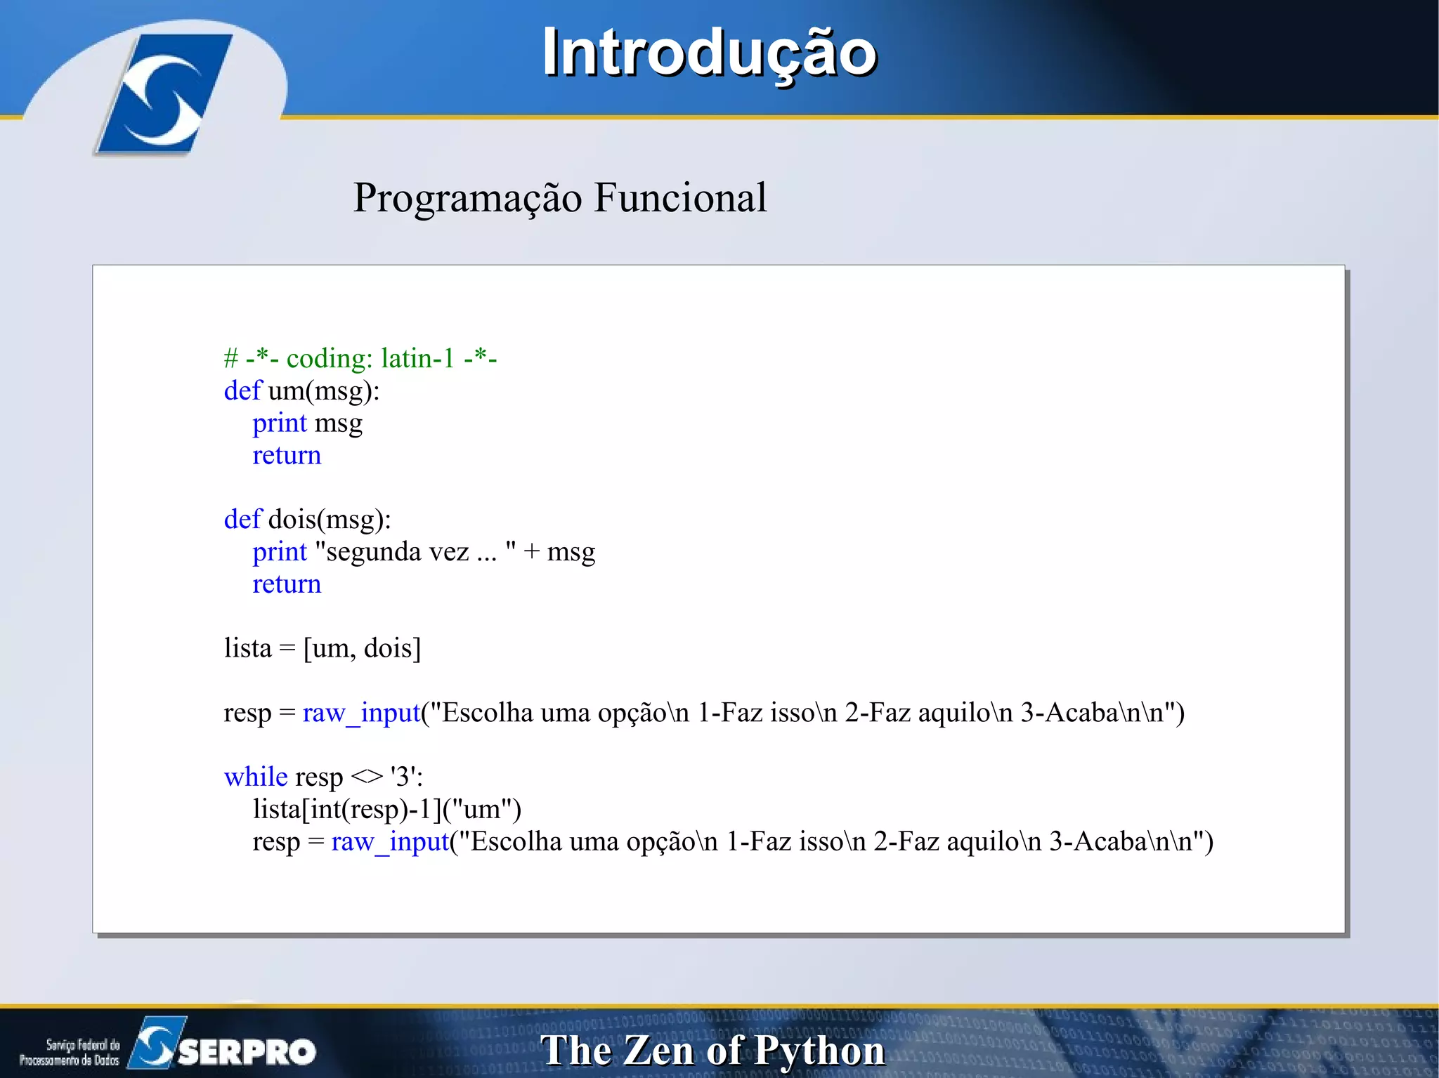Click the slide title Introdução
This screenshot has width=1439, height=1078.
[x=709, y=53]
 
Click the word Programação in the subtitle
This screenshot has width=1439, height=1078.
[x=467, y=199]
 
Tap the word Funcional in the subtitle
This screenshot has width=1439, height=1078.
[x=679, y=197]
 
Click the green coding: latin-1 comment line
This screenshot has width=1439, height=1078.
[x=360, y=358]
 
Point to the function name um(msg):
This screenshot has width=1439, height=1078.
[x=323, y=391]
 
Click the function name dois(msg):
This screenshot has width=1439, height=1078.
[x=329, y=520]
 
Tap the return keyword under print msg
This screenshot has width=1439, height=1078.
[x=287, y=456]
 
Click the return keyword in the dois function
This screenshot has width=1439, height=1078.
[x=287, y=584]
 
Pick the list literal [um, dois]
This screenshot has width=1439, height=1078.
[x=362, y=648]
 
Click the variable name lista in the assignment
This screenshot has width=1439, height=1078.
[x=247, y=648]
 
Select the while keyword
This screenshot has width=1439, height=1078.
[x=256, y=777]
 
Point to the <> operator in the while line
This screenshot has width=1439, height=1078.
[x=366, y=777]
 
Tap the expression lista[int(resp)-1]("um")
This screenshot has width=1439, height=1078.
[x=386, y=810]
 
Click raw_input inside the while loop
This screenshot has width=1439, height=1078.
[x=390, y=842]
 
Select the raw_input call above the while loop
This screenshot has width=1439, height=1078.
[x=361, y=713]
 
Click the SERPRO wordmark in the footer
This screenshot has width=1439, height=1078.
[x=247, y=1051]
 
